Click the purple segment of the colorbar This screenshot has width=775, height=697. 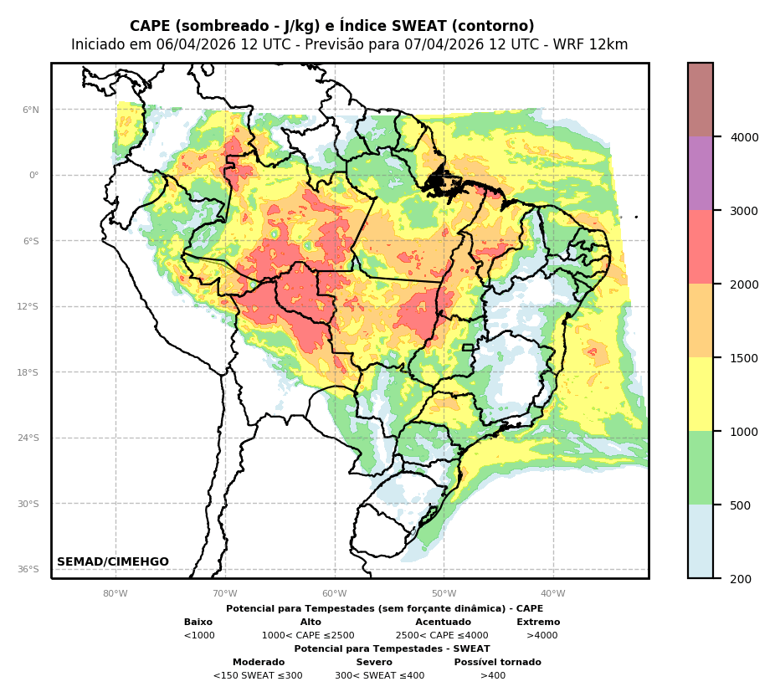tap(701, 174)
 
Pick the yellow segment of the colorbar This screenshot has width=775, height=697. tap(701, 395)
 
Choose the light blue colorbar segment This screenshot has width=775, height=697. tap(701, 541)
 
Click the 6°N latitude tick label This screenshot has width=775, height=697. tap(30, 110)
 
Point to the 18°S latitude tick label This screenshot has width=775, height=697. tap(28, 372)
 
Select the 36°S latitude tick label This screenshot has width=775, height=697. tap(28, 569)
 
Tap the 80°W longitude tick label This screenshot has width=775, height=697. tap(115, 594)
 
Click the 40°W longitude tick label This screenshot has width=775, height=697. tap(553, 594)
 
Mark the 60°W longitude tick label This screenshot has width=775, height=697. tap(335, 594)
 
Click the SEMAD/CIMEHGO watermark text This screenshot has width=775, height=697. tap(113, 562)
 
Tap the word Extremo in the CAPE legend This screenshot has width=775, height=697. tap(538, 623)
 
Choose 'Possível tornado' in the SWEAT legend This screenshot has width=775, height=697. tap(497, 663)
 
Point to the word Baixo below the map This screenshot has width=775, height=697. tap(198, 623)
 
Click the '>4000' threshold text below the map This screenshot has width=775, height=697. tap(541, 636)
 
